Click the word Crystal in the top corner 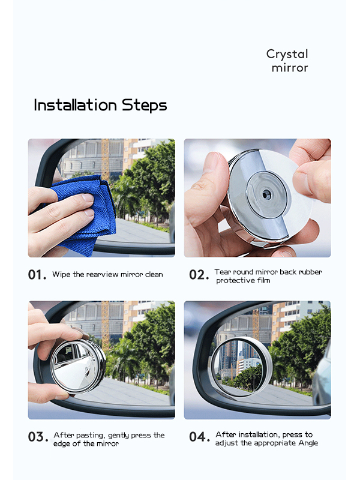pos(287,54)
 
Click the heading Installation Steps pos(100,106)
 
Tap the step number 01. pos(37,275)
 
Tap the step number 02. pos(198,275)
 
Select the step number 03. pos(37,437)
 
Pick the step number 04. pos(199,437)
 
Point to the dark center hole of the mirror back pos(266,195)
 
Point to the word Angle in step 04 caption pos(306,443)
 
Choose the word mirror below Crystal pos(289,68)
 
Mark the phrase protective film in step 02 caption pos(244,281)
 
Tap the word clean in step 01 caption pos(152,275)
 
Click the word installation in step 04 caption pos(253,434)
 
